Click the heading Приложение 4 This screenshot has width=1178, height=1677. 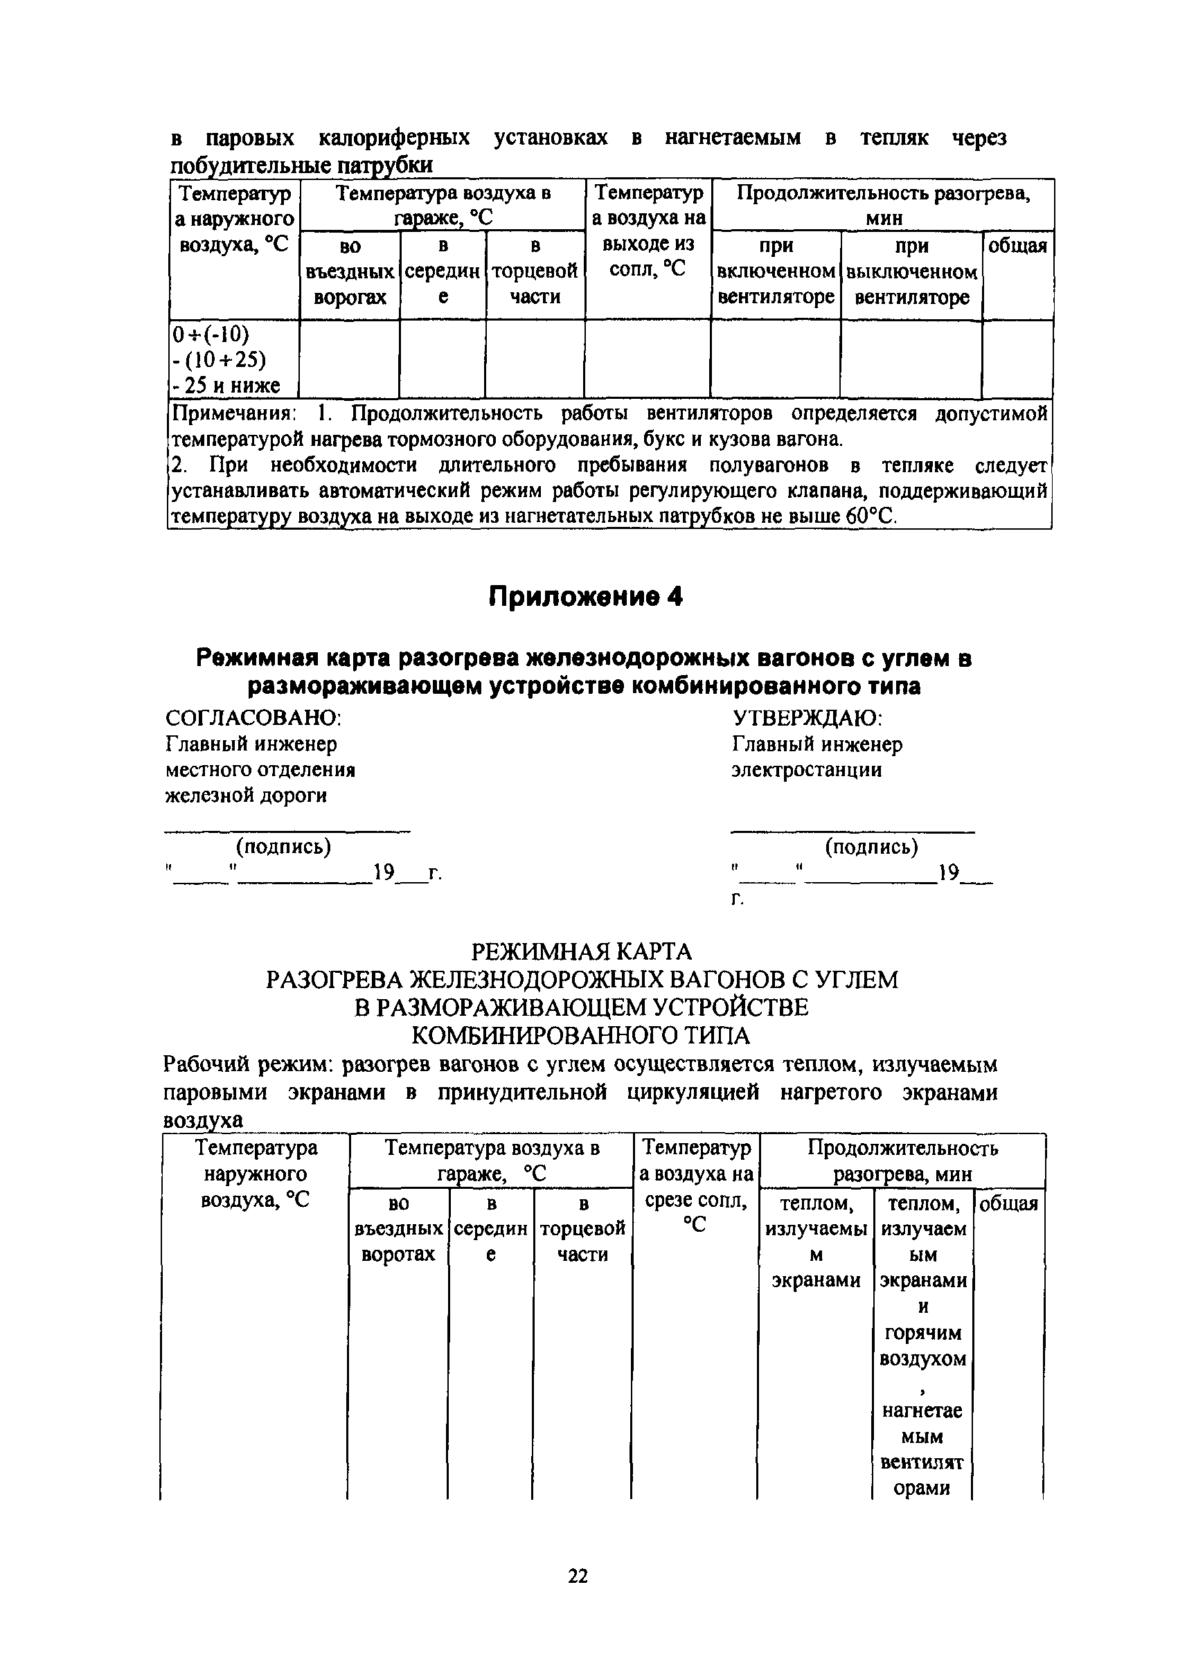click(x=585, y=597)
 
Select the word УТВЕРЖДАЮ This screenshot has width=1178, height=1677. click(x=807, y=718)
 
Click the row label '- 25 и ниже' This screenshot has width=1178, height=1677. click(x=226, y=385)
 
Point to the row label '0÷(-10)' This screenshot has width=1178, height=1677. click(x=211, y=334)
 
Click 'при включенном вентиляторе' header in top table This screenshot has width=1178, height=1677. click(x=776, y=271)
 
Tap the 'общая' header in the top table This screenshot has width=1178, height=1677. click(x=1017, y=246)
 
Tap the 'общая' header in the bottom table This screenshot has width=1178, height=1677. click(x=1008, y=1203)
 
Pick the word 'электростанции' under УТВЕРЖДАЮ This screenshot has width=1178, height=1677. click(x=806, y=770)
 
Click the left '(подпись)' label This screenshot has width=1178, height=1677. click(x=283, y=846)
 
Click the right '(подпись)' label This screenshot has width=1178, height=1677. click(x=871, y=847)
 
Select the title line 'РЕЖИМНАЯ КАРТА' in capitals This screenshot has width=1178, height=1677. click(x=581, y=952)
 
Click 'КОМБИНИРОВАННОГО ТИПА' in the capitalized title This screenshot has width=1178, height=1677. click(x=581, y=1036)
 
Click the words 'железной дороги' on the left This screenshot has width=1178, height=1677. click(x=246, y=796)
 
